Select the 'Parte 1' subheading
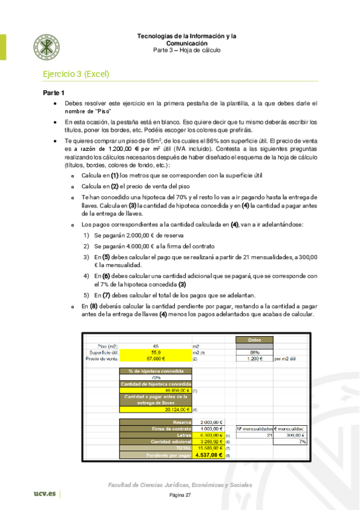pyautogui.click(x=53, y=93)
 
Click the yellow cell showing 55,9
pyautogui.click(x=156, y=352)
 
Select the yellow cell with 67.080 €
pyautogui.click(x=156, y=358)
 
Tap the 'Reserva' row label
pyautogui.click(x=156, y=422)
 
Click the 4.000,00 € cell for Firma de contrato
pyautogui.click(x=210, y=428)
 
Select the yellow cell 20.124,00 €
pyautogui.click(x=156, y=410)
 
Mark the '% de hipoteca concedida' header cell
pyautogui.click(x=156, y=371)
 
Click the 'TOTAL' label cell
pyautogui.click(x=156, y=447)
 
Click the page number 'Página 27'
pyautogui.click(x=180, y=495)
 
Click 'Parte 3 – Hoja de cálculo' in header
pyautogui.click(x=186, y=50)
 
